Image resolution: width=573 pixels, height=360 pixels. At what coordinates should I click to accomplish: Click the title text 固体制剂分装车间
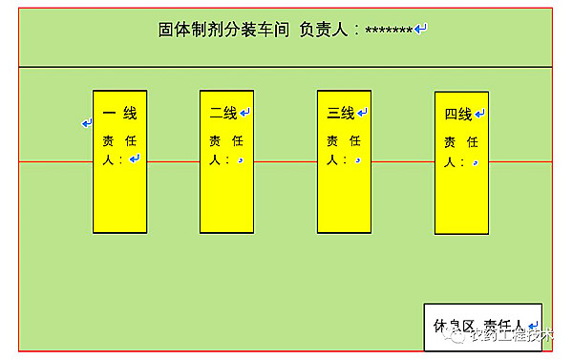point(223,29)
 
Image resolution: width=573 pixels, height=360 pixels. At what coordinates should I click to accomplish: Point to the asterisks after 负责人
point(390,30)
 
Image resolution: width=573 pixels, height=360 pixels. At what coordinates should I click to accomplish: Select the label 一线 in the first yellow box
point(119,113)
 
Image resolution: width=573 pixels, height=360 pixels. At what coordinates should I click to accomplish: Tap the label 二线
point(223,113)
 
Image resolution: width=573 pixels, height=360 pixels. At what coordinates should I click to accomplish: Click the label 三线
point(341,113)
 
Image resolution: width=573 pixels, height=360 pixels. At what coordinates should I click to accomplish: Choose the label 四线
point(458,115)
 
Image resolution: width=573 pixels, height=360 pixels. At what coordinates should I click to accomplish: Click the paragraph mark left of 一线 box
point(86,123)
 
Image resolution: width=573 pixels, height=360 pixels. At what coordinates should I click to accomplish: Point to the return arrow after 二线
point(245,113)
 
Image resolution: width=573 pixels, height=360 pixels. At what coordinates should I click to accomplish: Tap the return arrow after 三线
point(363,113)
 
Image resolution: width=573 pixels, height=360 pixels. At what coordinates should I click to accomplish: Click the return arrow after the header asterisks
point(421,29)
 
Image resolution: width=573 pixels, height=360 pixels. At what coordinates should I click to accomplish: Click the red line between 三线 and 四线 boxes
point(402,161)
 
